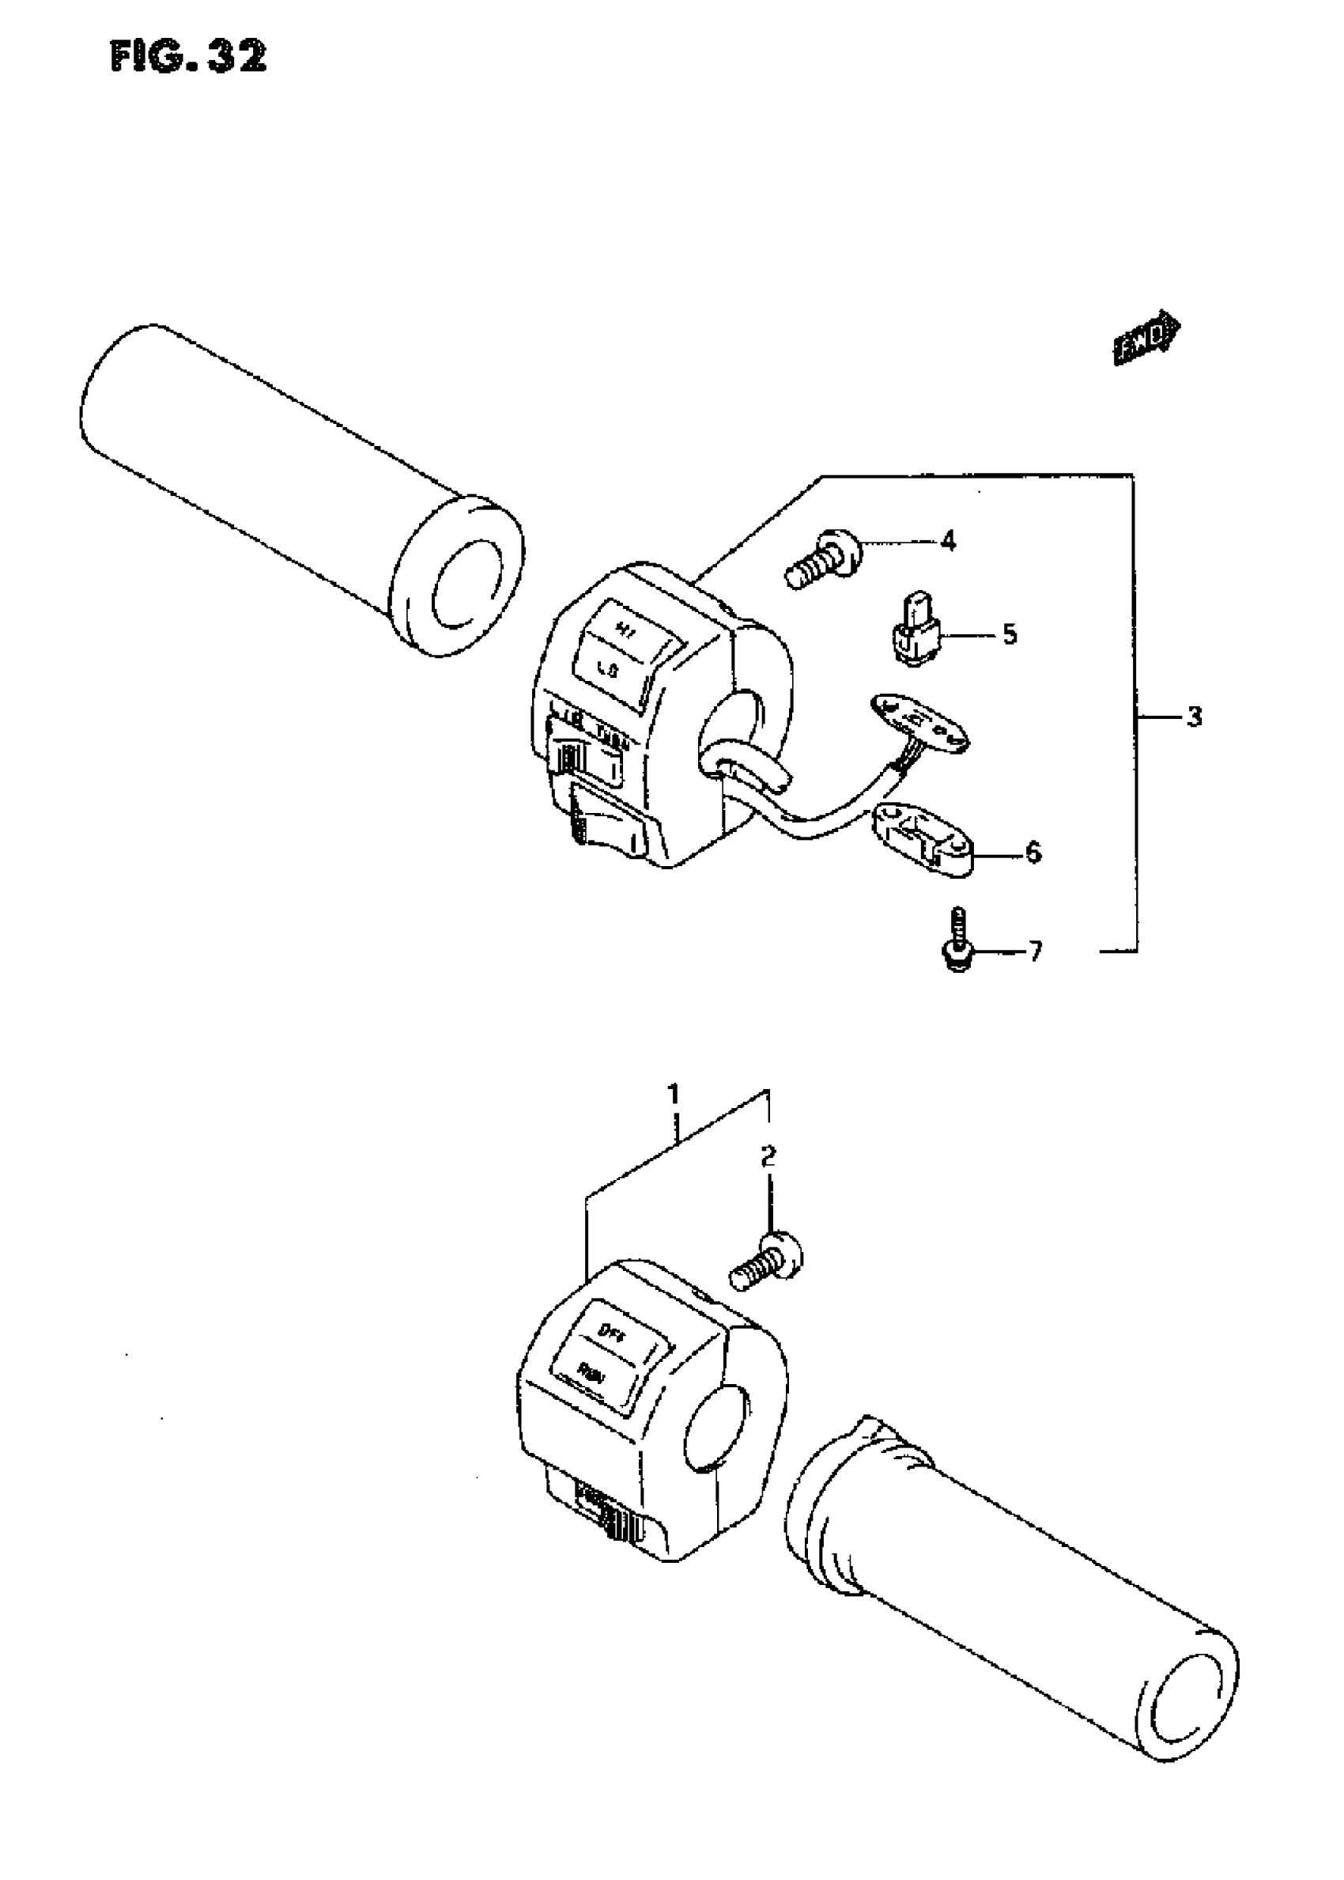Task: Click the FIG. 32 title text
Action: [x=188, y=57]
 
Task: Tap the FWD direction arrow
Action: [x=1147, y=337]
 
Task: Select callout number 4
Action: [x=949, y=542]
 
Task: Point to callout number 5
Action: [x=1009, y=635]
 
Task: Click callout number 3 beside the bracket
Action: [x=1192, y=717]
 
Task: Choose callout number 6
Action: [x=1033, y=852]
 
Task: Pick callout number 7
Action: [x=1034, y=951]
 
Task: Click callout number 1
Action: [x=674, y=1095]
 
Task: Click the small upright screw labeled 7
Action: [x=958, y=940]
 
